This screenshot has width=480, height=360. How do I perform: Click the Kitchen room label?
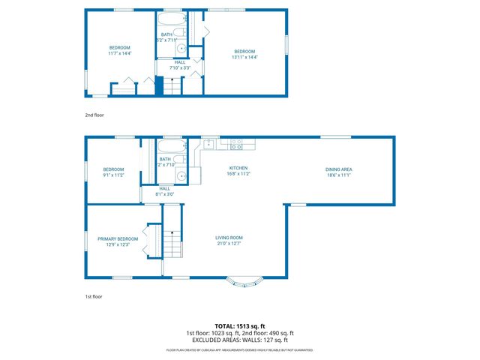coord(238,168)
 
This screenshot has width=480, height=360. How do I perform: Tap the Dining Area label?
coord(338,169)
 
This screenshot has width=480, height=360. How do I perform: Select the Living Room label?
coord(229,238)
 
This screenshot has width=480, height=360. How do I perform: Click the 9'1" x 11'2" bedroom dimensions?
coord(113,175)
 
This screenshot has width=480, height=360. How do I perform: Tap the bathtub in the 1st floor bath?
coord(172,146)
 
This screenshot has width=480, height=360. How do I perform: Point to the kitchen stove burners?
coord(236,142)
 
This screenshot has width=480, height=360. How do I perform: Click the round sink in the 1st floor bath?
coord(181,175)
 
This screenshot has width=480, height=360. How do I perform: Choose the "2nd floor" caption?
coord(94,115)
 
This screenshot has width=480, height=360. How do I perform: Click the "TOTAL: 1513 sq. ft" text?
coord(240,326)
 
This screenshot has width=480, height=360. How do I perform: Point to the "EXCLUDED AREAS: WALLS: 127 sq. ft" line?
coord(240,340)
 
